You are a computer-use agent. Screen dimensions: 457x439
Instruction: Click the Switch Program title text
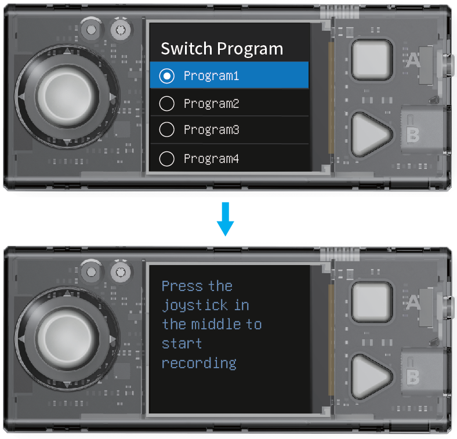(x=222, y=49)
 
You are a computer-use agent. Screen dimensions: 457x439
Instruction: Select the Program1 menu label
(x=211, y=76)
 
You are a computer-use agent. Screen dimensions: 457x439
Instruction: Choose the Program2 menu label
(x=211, y=103)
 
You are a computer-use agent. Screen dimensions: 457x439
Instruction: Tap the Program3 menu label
(x=211, y=130)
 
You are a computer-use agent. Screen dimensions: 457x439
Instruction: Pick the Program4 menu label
(x=211, y=159)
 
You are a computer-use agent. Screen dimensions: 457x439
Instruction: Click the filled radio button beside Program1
(x=167, y=76)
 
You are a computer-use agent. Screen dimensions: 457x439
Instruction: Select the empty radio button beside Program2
(x=167, y=103)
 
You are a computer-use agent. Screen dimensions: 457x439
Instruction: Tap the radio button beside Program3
(x=167, y=129)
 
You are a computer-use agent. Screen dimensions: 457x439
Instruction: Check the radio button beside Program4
(x=167, y=159)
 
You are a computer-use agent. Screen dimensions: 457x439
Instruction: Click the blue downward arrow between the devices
(x=225, y=219)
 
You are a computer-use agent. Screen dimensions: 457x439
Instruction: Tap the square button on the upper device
(x=372, y=60)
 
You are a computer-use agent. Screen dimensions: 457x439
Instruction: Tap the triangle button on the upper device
(x=370, y=135)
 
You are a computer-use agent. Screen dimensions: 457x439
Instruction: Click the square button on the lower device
(x=372, y=302)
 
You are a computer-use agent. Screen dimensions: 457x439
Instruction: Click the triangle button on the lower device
(x=370, y=376)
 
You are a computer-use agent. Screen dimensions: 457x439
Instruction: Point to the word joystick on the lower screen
(x=195, y=306)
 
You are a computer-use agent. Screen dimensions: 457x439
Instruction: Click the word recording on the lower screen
(x=199, y=364)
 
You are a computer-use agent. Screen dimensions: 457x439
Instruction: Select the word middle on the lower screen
(x=216, y=324)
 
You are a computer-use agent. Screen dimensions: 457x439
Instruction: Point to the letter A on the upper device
(x=413, y=61)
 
